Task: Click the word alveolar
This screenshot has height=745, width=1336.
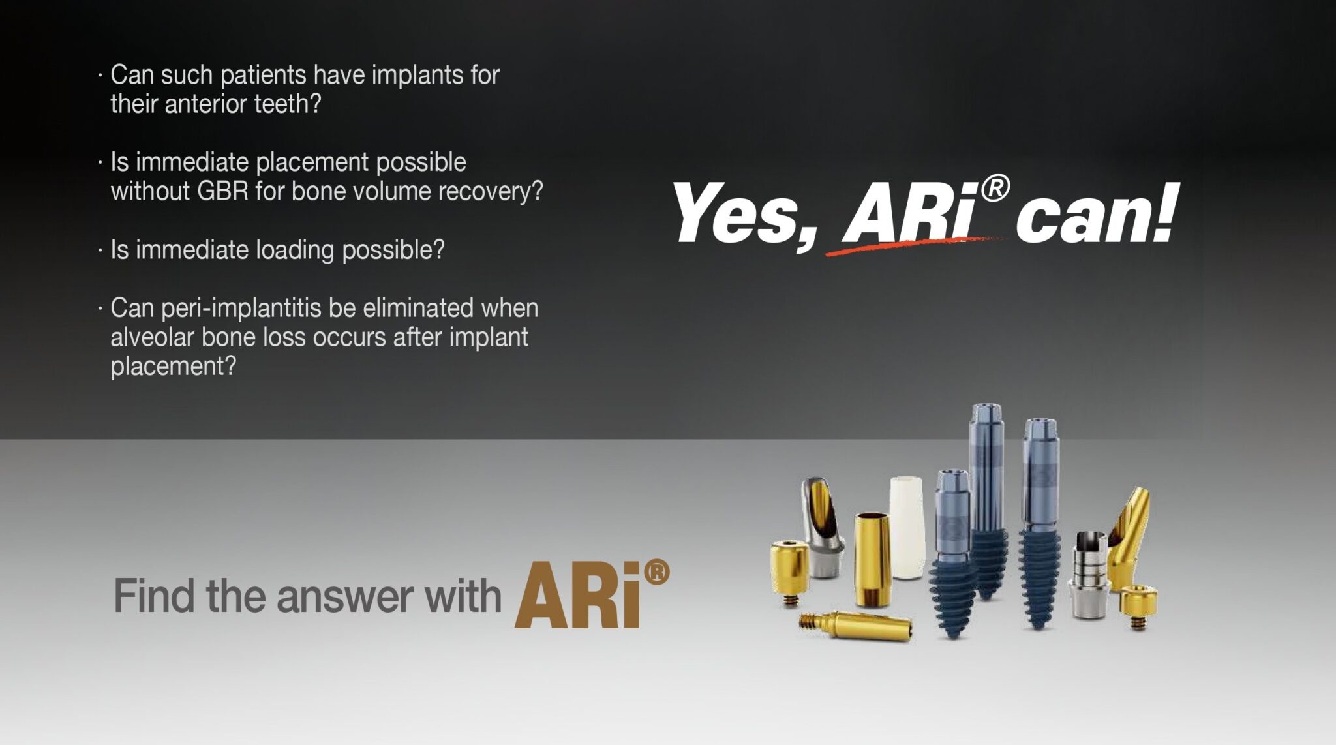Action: [x=152, y=337]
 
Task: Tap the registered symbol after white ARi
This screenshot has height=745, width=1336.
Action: [x=994, y=189]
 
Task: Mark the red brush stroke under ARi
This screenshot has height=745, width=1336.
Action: [x=913, y=245]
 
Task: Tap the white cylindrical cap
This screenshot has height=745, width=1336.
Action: [x=907, y=526]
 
